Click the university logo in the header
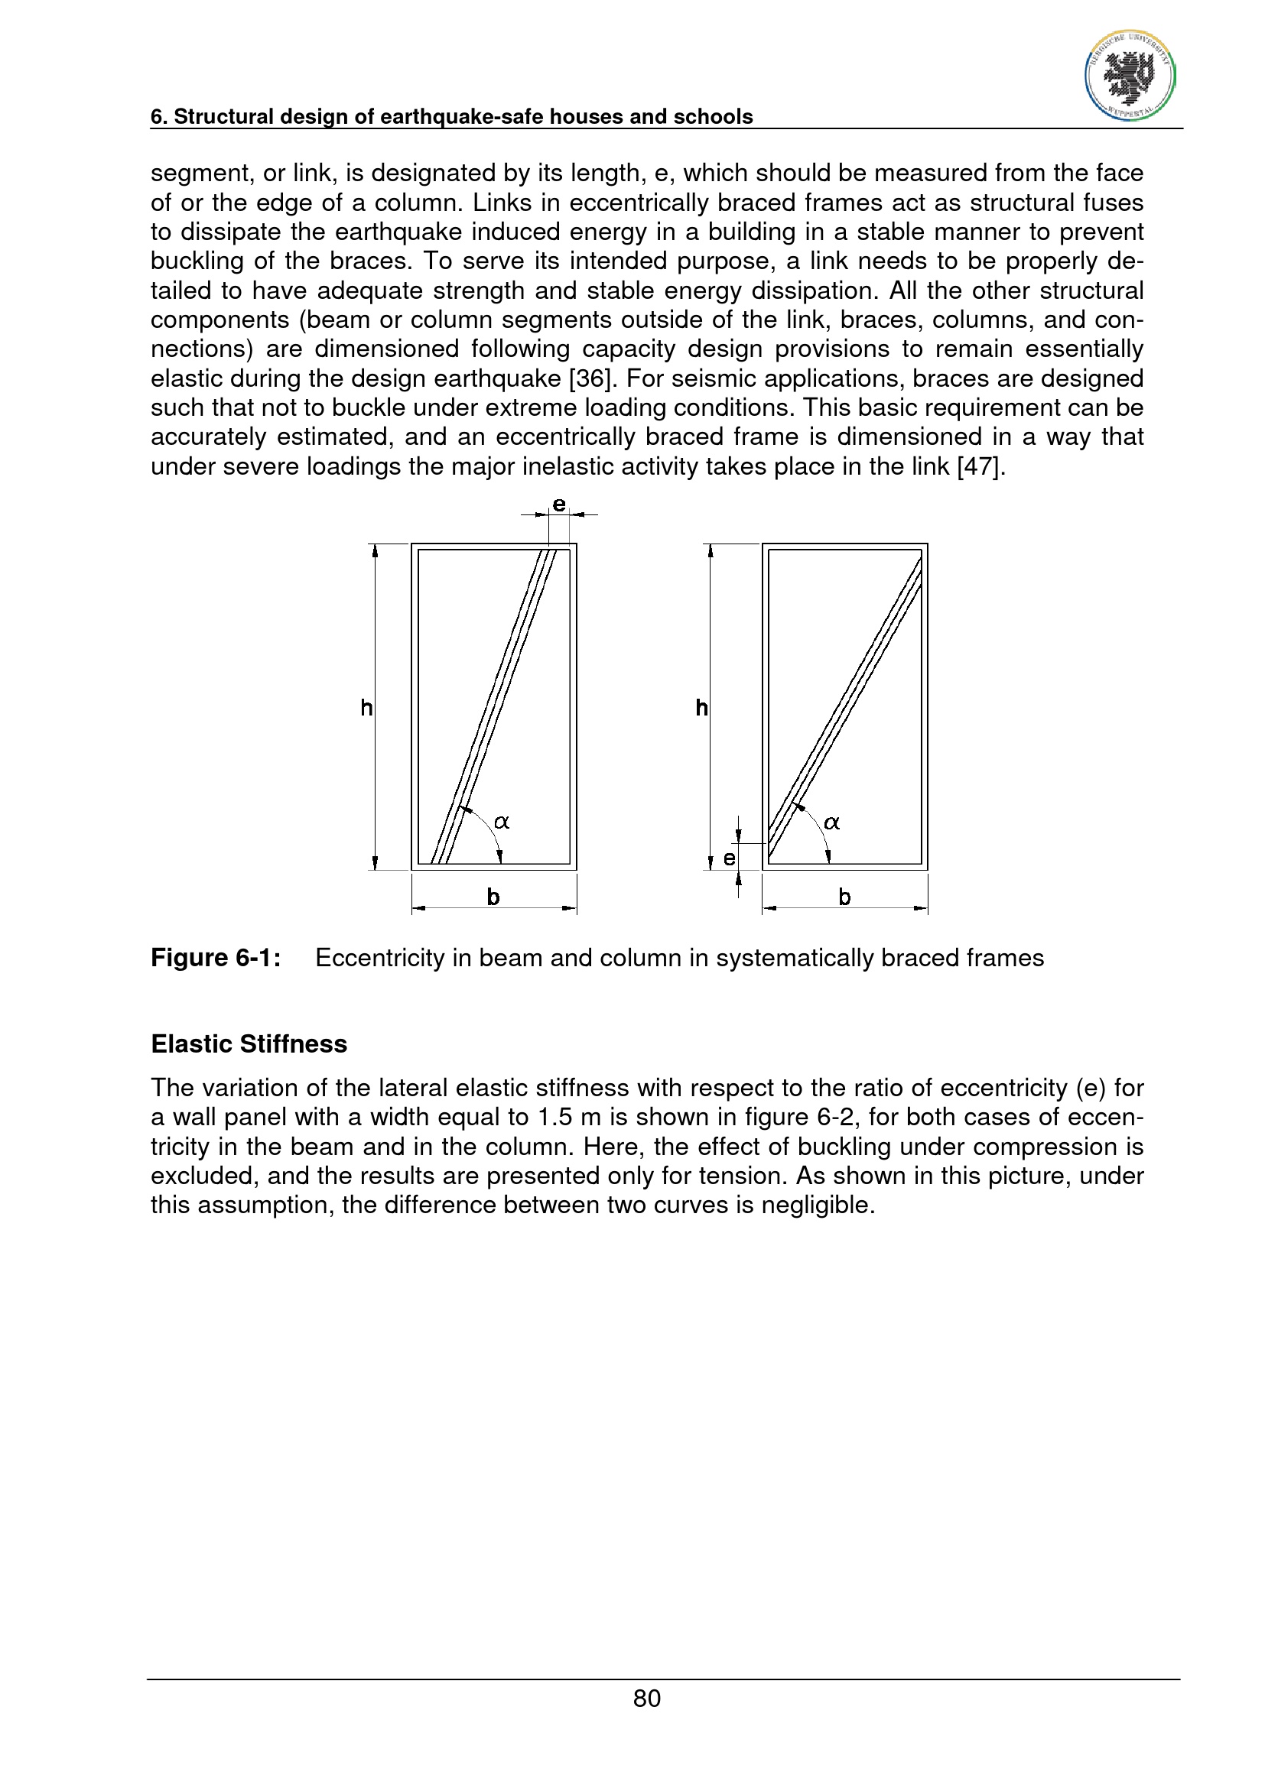click(1130, 76)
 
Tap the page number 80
click(646, 1698)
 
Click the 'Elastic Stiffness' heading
click(249, 1043)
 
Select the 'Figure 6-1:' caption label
click(216, 957)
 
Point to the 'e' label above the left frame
click(559, 505)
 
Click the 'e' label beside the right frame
click(729, 858)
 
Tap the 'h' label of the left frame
click(366, 707)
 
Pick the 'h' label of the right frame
click(701, 707)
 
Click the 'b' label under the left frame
click(493, 897)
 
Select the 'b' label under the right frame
click(844, 897)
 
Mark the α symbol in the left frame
click(502, 822)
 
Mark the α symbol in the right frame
click(832, 822)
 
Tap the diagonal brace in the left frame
click(494, 706)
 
